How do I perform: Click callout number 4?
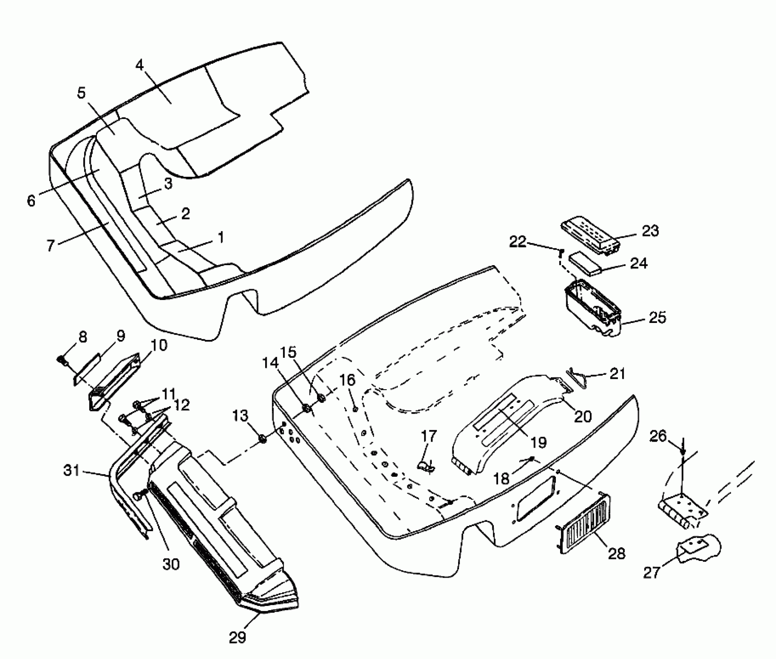(x=140, y=65)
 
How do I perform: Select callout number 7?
(x=51, y=246)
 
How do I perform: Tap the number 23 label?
(x=650, y=231)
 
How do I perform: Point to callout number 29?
(x=238, y=637)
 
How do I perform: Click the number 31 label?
(x=72, y=471)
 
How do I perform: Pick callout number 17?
(x=429, y=436)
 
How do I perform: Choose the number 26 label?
(x=658, y=436)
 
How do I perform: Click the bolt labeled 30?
(x=139, y=495)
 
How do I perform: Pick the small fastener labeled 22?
(x=560, y=253)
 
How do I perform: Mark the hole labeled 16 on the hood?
(x=355, y=409)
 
